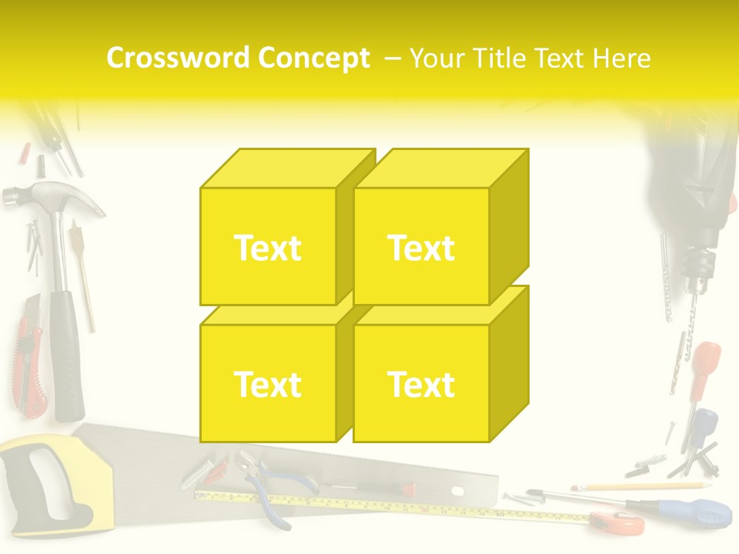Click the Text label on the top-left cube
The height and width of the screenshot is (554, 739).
(267, 248)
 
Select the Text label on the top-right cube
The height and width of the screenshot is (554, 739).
(421, 248)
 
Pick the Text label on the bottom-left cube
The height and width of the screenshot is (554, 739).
(267, 384)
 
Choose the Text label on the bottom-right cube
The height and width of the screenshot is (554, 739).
(421, 384)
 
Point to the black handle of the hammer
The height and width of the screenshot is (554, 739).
(67, 354)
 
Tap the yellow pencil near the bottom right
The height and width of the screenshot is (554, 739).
(639, 486)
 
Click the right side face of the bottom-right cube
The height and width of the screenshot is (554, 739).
(509, 362)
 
